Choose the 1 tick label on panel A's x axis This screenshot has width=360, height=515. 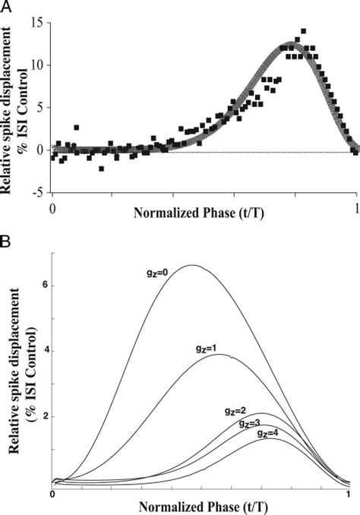356,206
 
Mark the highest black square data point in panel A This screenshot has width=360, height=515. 304,31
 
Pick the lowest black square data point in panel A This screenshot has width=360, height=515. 101,168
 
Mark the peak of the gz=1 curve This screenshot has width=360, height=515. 226,355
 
